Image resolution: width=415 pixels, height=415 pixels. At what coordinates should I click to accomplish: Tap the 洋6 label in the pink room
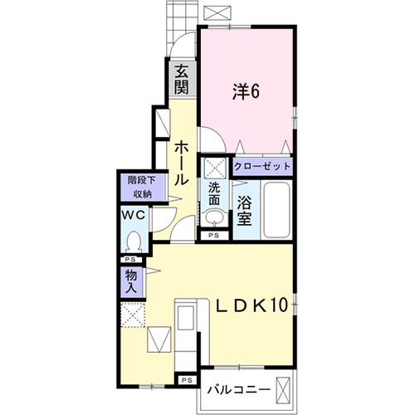(246, 92)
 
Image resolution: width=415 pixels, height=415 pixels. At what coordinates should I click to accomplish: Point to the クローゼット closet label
(263, 167)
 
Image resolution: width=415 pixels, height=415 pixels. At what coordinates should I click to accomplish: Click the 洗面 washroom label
(215, 195)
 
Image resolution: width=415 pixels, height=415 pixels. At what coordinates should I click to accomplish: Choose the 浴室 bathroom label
(245, 209)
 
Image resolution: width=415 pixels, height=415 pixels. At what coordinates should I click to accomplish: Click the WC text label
(133, 215)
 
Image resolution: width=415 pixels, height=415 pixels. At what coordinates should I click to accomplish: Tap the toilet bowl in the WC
(133, 242)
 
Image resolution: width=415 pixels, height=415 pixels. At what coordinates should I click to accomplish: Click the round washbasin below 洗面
(214, 219)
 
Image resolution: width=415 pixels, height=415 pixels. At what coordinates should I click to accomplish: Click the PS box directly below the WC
(132, 260)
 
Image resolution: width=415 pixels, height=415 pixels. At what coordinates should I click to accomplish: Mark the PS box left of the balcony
(187, 380)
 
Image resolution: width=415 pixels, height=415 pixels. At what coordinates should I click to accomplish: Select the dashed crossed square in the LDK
(132, 315)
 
